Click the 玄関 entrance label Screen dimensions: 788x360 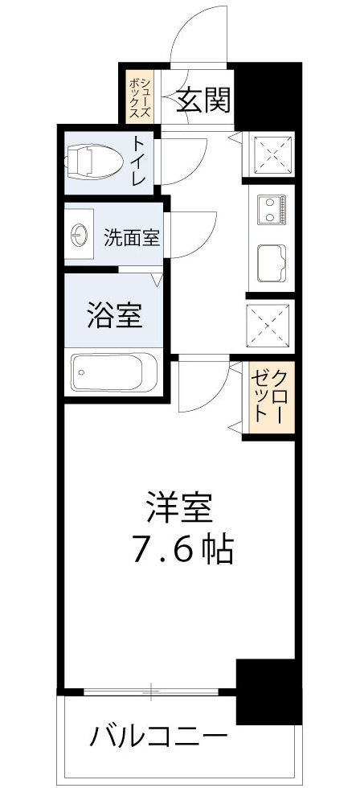(x=203, y=101)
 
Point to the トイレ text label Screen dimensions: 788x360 (x=138, y=162)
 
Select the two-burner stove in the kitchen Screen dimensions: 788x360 (x=273, y=211)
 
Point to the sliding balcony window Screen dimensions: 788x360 (x=150, y=691)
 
